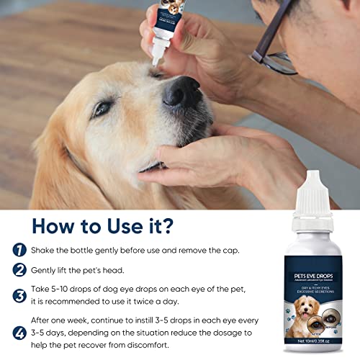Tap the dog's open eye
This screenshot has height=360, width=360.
pyautogui.click(x=104, y=109)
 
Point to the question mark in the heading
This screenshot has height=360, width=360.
pyautogui.click(x=168, y=225)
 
